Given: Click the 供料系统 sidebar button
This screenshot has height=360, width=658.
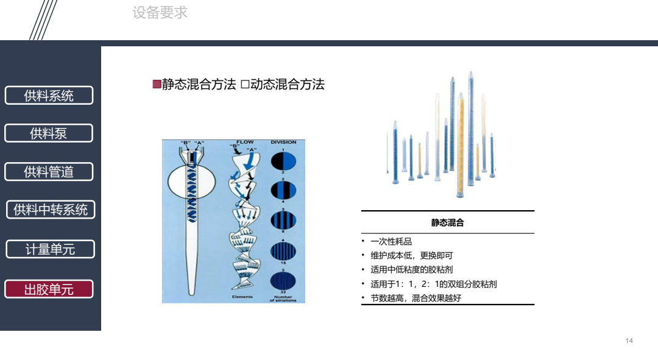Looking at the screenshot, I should [x=49, y=96].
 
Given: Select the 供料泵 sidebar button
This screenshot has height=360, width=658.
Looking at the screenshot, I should [x=49, y=133].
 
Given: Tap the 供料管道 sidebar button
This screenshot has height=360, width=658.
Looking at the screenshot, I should [x=49, y=172].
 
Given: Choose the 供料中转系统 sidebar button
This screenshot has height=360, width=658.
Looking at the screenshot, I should [x=51, y=210].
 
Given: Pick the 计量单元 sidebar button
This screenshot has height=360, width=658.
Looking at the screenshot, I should [x=50, y=249].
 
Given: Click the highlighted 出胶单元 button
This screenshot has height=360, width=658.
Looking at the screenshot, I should [x=49, y=289].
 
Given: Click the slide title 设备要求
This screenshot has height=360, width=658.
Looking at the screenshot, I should [x=160, y=13].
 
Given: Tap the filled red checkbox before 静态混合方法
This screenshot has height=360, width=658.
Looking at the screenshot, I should [x=157, y=84].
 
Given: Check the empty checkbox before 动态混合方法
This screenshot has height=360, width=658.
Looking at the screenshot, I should [x=245, y=85].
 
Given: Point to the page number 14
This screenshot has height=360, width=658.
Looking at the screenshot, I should [x=629, y=341].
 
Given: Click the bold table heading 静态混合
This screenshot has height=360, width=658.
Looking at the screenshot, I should [x=448, y=223].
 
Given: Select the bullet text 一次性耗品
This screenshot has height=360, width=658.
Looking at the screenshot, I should [x=391, y=242].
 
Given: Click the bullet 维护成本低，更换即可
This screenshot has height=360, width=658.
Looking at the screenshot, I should [x=411, y=256].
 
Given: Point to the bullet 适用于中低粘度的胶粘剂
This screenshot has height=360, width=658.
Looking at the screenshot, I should [x=411, y=270].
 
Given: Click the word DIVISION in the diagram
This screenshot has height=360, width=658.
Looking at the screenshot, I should [x=283, y=143].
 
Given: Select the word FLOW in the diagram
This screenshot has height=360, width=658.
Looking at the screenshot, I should [x=245, y=143].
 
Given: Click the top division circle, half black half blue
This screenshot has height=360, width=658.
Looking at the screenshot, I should [x=283, y=161].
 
